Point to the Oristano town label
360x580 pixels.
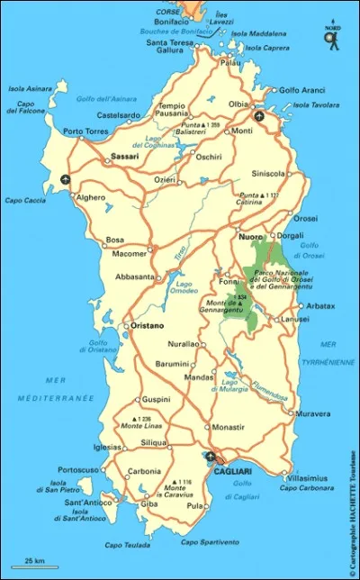pyautogui.click(x=146, y=325)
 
